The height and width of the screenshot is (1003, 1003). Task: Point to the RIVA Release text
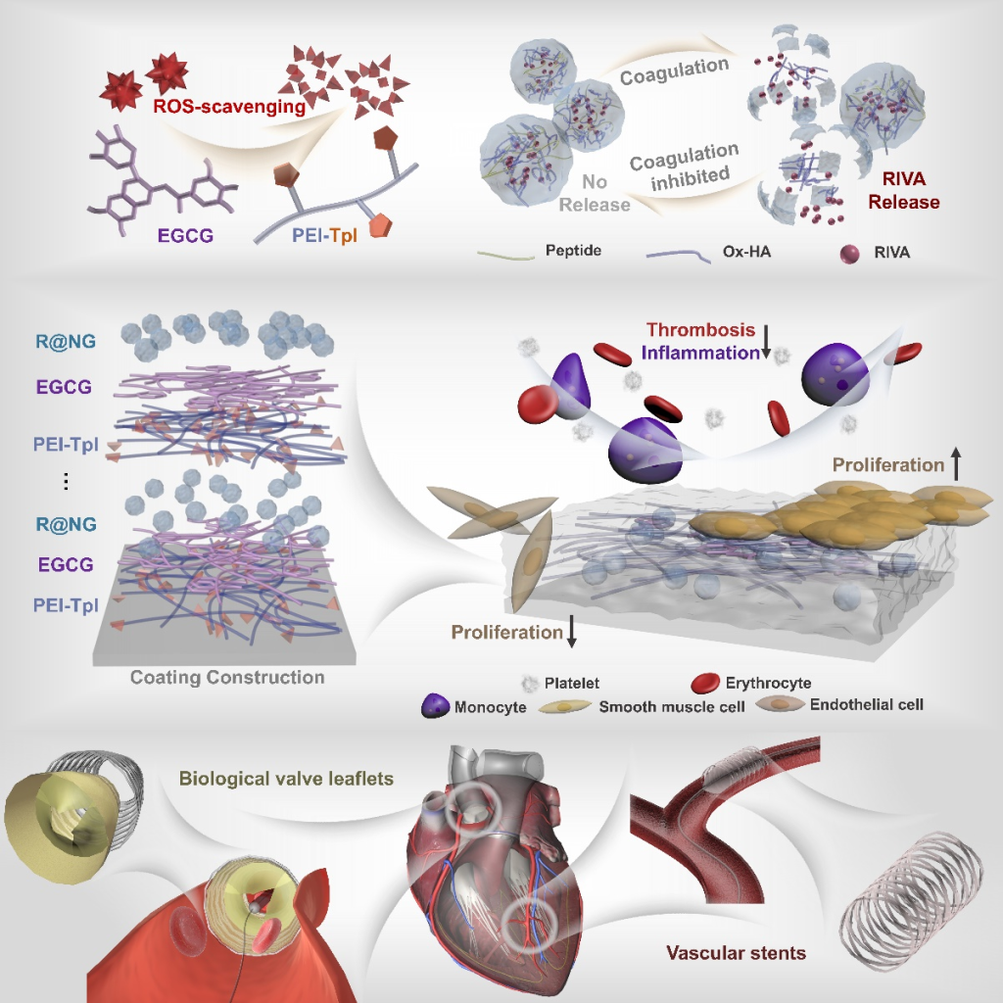pyautogui.click(x=902, y=192)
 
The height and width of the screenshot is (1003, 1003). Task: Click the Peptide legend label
pyautogui.click(x=573, y=252)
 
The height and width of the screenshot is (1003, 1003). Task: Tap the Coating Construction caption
pyautogui.click(x=227, y=677)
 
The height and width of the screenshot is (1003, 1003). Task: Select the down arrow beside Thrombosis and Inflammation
pyautogui.click(x=767, y=342)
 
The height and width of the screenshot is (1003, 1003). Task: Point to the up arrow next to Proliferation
pyautogui.click(x=955, y=464)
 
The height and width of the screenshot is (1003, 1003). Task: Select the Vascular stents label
pyautogui.click(x=736, y=951)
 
